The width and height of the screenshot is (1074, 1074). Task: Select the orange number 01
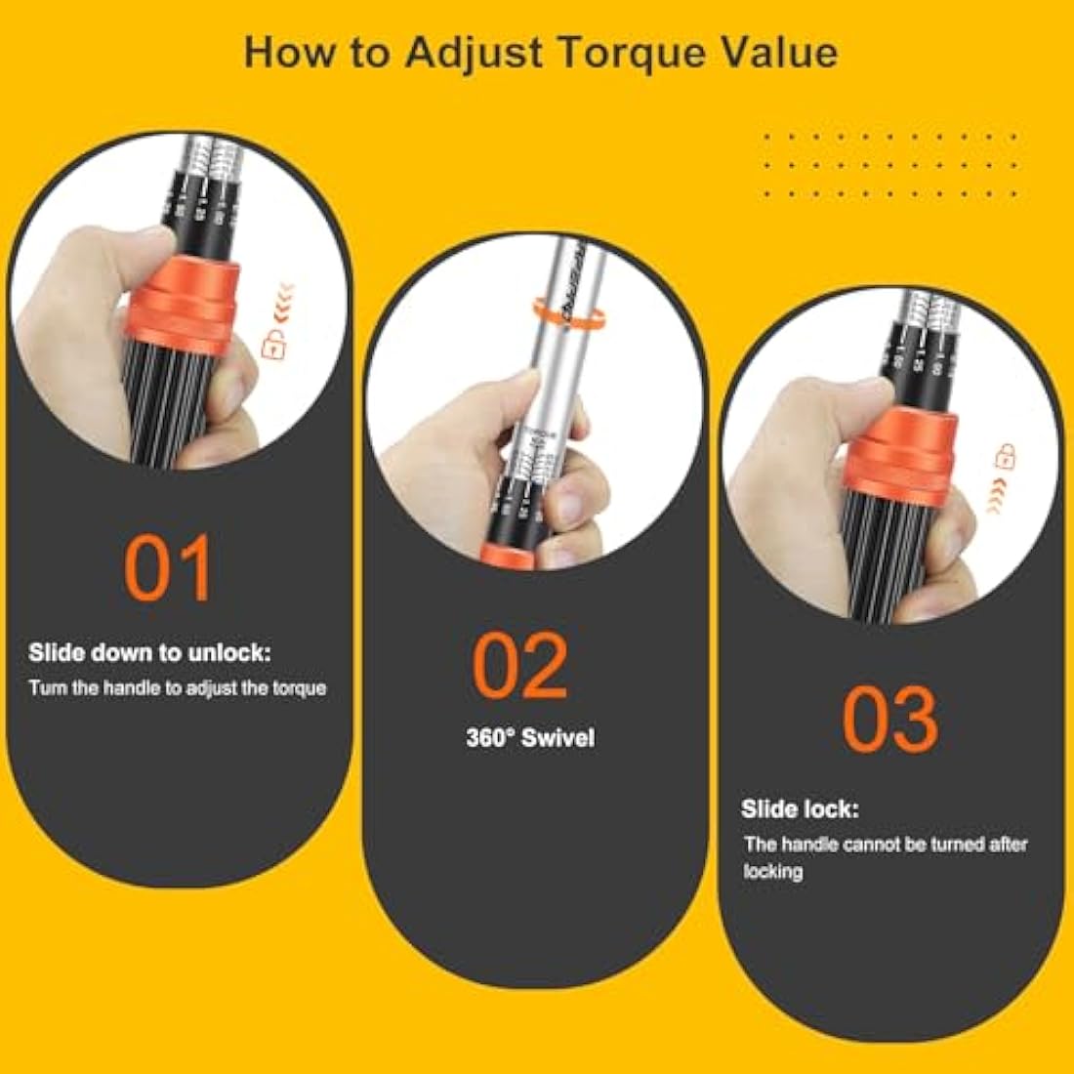click(x=169, y=568)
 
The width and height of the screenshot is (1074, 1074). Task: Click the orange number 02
click(x=520, y=666)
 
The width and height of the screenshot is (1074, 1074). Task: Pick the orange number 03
click(x=889, y=719)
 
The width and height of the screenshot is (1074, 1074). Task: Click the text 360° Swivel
click(x=529, y=737)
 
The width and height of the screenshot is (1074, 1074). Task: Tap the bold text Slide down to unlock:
click(x=149, y=652)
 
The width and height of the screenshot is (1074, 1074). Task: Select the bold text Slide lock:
click(x=800, y=808)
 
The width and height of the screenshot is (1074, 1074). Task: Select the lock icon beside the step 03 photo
click(x=1005, y=455)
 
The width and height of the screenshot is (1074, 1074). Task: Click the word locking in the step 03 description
click(x=772, y=871)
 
